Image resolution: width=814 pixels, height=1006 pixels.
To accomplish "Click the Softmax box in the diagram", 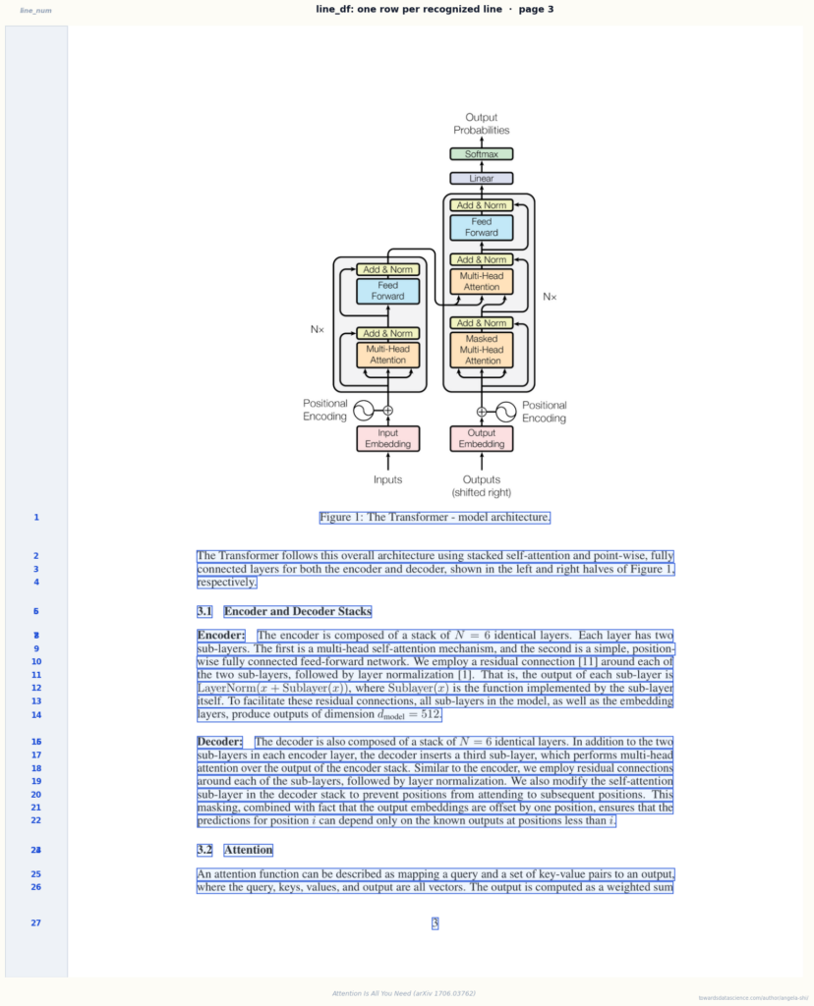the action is click(482, 154).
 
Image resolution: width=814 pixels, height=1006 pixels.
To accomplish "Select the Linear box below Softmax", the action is click(482, 179).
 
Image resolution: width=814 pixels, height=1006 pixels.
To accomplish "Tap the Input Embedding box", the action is click(387, 439).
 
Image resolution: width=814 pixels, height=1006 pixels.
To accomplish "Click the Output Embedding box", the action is click(482, 439).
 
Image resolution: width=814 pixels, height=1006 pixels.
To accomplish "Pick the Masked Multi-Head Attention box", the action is click(482, 350).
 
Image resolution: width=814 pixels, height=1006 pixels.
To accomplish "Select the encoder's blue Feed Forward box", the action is click(387, 291).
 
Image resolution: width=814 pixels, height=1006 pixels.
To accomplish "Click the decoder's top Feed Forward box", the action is click(482, 227).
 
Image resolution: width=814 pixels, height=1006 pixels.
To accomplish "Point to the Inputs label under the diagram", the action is click(387, 479).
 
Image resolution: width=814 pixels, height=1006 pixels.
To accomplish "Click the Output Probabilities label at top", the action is click(482, 124).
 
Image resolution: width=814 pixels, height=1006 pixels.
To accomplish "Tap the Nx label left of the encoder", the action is click(318, 329).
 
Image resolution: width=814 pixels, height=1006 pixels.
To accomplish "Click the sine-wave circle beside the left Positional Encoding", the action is click(364, 411).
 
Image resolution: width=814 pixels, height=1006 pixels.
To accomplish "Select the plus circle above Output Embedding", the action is click(482, 412).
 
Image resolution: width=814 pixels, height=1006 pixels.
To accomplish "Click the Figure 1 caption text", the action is click(435, 517).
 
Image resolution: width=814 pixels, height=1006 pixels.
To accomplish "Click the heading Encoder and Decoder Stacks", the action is click(298, 611).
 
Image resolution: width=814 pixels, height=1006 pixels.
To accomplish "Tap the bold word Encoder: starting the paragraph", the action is click(221, 636).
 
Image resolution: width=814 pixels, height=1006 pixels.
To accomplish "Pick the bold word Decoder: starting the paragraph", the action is click(219, 742).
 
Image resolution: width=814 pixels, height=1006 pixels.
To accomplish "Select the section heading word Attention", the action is click(249, 850).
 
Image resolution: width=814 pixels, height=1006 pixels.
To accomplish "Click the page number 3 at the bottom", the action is click(435, 923).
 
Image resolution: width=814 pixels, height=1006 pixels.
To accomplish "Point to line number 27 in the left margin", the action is click(36, 923).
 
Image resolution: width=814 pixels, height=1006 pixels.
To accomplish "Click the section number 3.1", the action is click(204, 611).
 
